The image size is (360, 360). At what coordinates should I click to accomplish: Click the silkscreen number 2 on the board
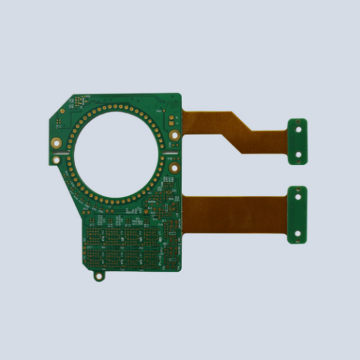(x=103, y=238)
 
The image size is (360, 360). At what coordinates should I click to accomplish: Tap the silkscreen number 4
(x=122, y=239)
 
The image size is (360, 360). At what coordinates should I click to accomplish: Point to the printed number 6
(x=141, y=239)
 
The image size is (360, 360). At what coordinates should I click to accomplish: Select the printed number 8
(x=160, y=239)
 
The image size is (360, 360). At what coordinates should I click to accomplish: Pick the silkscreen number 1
(x=103, y=262)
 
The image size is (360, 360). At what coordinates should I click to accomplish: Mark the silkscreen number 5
(x=141, y=262)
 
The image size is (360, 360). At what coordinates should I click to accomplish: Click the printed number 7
(x=160, y=262)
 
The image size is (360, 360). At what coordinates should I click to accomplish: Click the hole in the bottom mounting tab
(x=99, y=276)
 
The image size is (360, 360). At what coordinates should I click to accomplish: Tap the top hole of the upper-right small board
(x=298, y=129)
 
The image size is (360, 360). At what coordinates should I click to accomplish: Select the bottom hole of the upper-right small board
(x=298, y=156)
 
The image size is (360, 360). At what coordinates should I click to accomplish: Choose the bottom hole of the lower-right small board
(x=298, y=232)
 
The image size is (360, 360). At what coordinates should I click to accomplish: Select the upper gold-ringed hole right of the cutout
(x=174, y=135)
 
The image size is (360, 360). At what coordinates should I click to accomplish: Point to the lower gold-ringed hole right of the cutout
(x=173, y=168)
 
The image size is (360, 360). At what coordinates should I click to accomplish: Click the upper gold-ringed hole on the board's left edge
(x=58, y=123)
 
